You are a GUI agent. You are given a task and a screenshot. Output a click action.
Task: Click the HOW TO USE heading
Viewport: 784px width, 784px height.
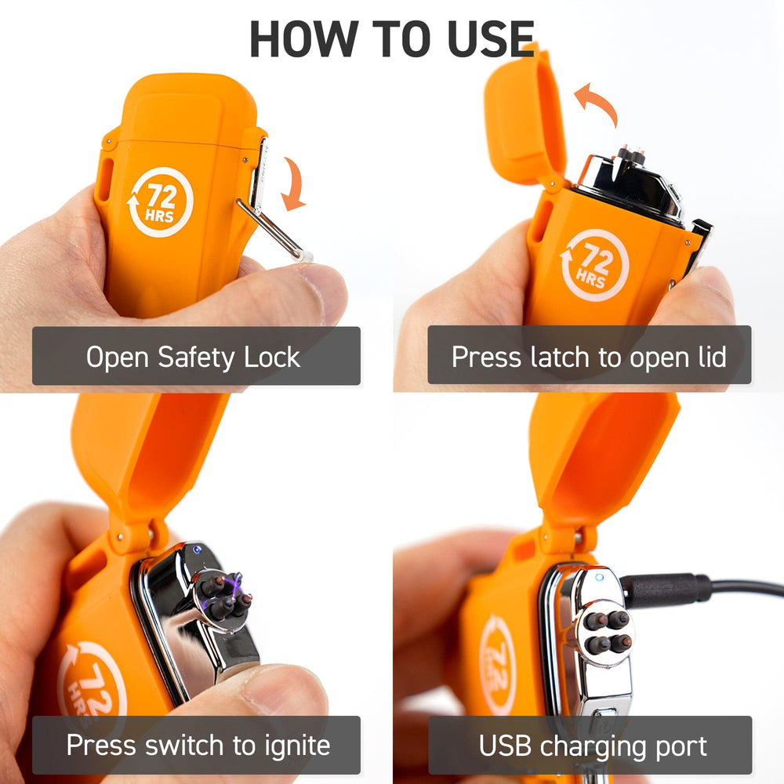392,38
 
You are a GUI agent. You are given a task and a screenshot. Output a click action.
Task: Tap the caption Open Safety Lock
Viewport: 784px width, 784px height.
193,357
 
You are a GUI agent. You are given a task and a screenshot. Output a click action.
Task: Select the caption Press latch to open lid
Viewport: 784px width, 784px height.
589,357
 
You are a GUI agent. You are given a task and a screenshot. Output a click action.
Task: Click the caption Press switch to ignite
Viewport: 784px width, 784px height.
198,746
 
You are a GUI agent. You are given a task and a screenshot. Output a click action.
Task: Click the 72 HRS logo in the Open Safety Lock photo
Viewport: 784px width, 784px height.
160,201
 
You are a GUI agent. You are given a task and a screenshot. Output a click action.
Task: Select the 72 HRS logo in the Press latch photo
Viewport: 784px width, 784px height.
594,266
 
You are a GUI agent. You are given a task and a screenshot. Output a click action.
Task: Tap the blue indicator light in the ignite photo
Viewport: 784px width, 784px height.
197,550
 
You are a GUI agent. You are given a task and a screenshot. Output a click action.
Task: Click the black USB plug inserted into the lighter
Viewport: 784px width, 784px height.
665,590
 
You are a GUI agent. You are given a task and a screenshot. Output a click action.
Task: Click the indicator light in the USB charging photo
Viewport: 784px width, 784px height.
599,578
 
